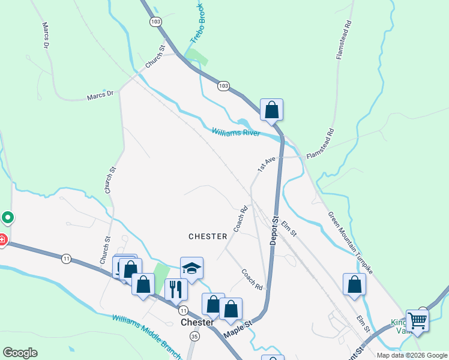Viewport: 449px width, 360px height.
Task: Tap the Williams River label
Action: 236,131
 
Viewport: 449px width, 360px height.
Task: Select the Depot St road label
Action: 276,230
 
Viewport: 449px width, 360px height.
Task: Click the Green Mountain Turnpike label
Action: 350,242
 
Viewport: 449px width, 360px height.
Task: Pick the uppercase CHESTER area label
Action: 208,236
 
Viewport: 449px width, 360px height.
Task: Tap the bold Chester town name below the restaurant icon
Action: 197,322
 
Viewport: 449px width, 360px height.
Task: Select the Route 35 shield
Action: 194,337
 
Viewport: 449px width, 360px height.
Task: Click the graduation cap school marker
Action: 191,269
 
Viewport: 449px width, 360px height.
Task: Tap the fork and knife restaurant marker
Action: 176,289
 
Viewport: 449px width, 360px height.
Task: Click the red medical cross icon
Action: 2,240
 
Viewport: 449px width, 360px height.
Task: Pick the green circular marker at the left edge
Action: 7,217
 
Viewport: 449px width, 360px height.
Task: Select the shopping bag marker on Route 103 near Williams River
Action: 271,110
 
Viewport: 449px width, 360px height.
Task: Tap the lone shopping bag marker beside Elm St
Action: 354,284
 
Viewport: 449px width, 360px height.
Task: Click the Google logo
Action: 20,353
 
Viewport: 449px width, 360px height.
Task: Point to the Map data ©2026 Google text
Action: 412,355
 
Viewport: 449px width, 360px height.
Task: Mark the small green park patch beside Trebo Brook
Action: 197,58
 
